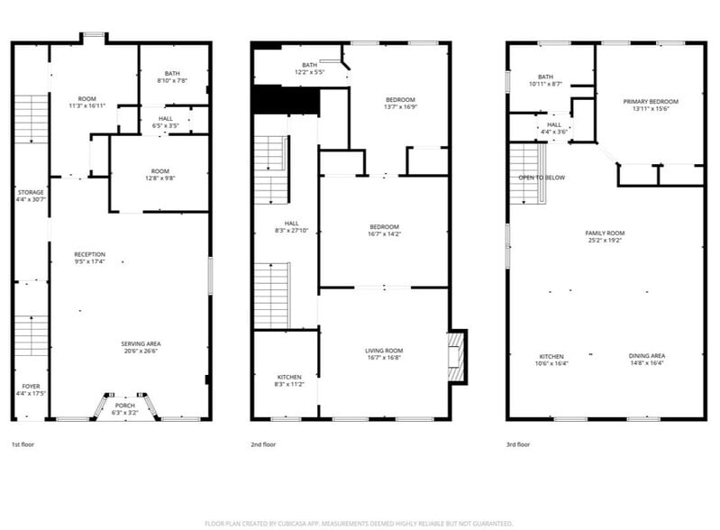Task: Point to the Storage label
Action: pos(31,195)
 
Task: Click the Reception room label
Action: pos(90,258)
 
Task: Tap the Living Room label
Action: pos(383,354)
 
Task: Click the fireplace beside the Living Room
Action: pos(458,356)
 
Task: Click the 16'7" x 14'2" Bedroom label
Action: pos(383,230)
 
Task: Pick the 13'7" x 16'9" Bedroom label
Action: pos(400,103)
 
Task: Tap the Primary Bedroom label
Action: pos(651,105)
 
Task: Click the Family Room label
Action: pos(606,236)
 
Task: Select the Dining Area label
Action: pos(646,359)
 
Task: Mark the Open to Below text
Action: pos(542,178)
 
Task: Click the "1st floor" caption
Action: pos(24,444)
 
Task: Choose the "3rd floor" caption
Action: pos(517,444)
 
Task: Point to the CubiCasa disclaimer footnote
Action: pos(360,523)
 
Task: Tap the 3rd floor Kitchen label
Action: pos(552,359)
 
